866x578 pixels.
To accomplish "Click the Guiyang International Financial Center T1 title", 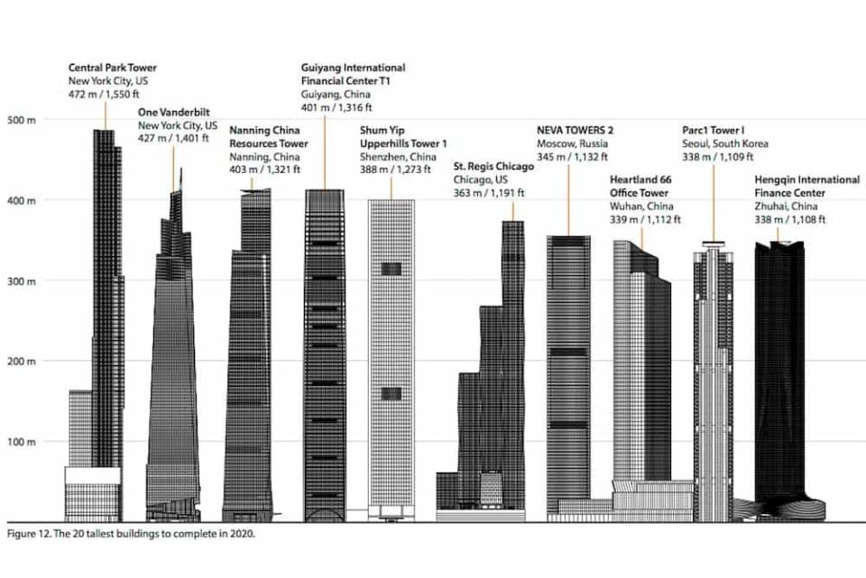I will (353, 74).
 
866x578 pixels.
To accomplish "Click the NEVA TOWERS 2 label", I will (576, 130).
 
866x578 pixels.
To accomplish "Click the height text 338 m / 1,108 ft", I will (790, 219).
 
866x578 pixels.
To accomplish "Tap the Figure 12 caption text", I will (131, 533).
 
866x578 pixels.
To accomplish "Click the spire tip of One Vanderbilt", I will (180, 170).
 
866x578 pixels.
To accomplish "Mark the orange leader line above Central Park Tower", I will (105, 114).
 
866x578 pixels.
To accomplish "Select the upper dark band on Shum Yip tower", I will (391, 269).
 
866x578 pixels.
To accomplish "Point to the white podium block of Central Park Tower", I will (92, 475).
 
